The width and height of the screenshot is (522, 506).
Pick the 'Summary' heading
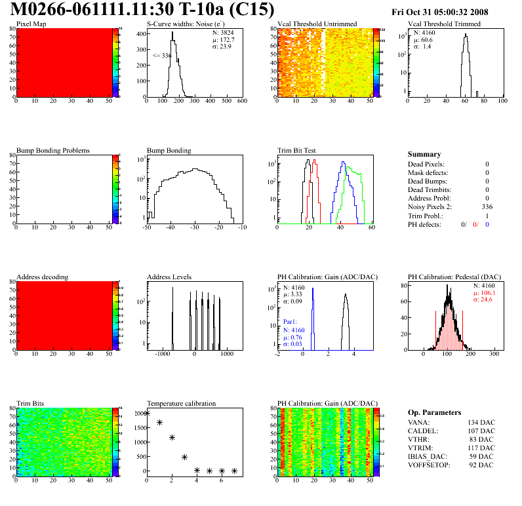pos(424,154)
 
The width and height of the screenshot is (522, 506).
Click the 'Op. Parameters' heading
pos(434,412)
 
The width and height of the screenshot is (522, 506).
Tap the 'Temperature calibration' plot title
pos(181,403)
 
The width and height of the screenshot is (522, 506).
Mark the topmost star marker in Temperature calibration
pos(147,414)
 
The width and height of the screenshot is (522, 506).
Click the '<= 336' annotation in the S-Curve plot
pos(161,56)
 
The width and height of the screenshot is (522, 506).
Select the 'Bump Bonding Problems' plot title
pos(53,150)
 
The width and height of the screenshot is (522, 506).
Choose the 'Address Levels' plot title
pos(169,277)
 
